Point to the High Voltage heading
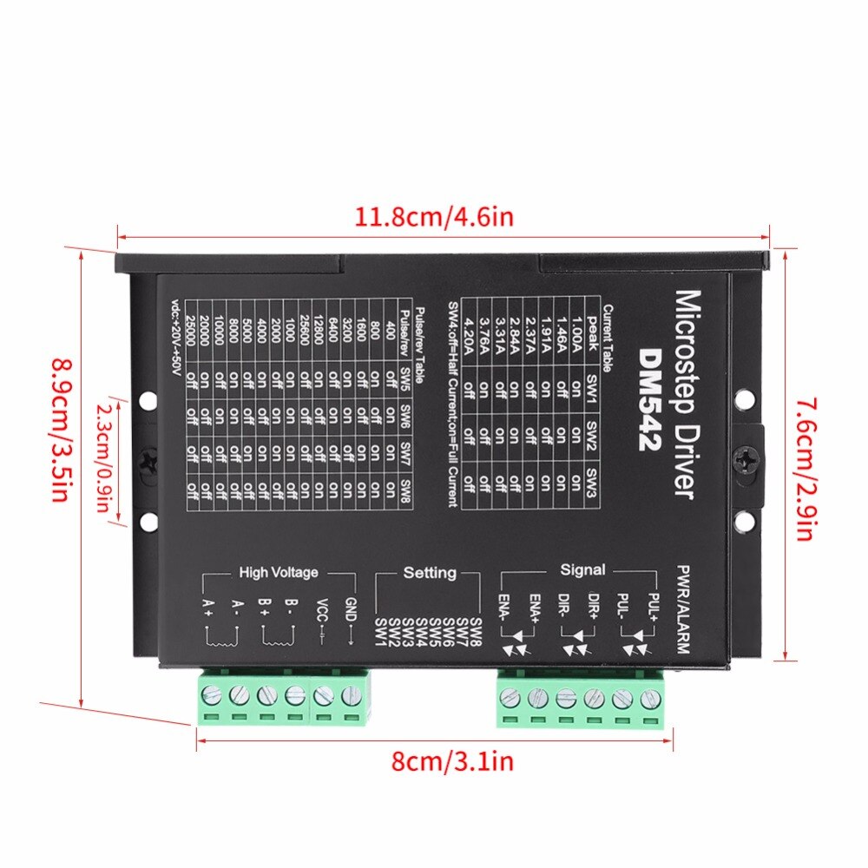tap(279, 573)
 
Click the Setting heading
tap(430, 573)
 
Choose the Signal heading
tap(583, 570)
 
